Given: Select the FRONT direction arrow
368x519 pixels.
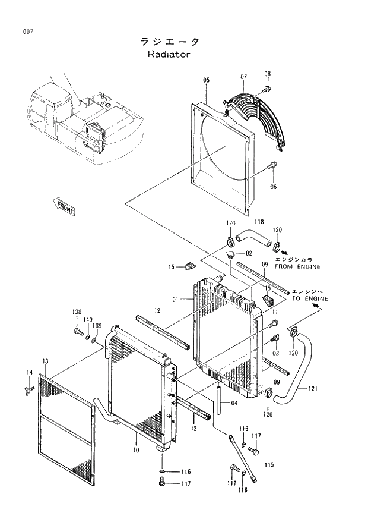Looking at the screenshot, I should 64,207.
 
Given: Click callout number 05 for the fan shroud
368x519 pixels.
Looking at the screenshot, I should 206,80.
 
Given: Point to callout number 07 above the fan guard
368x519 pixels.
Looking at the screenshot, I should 243,77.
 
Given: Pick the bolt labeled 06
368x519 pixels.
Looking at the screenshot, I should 272,166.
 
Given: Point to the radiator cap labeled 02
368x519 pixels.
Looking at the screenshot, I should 231,255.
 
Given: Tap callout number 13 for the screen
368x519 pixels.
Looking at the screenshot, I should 45,361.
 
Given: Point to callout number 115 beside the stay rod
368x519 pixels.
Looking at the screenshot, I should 268,465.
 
